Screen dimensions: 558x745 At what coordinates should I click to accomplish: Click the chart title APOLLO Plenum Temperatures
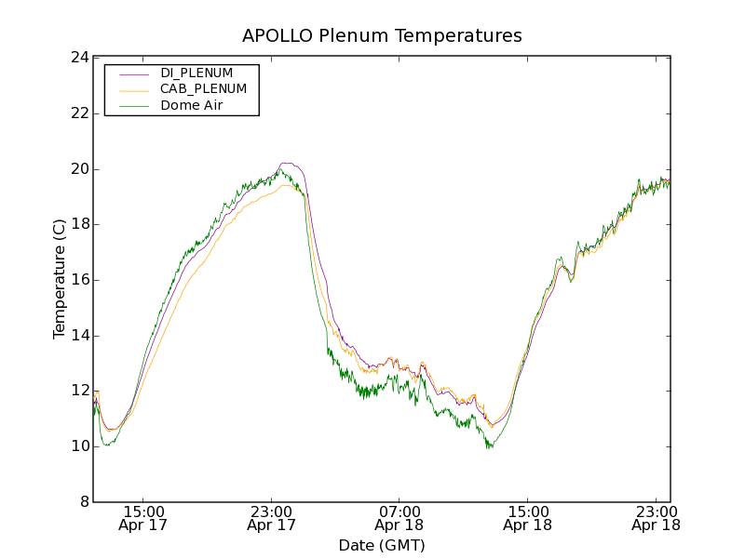382,36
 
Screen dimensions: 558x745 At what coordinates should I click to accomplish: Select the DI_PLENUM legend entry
196,73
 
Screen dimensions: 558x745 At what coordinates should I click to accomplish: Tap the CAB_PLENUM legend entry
203,88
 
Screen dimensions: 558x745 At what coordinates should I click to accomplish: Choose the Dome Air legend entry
191,105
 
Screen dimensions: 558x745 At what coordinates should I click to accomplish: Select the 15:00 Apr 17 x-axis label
143,518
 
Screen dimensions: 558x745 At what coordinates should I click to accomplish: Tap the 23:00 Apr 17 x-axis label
272,518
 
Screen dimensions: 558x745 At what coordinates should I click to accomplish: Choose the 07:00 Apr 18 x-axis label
400,518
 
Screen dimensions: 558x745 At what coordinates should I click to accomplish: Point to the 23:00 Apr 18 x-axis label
656,518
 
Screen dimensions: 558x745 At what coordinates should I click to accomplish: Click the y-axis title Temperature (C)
60,279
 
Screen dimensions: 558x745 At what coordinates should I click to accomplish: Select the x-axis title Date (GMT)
382,545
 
